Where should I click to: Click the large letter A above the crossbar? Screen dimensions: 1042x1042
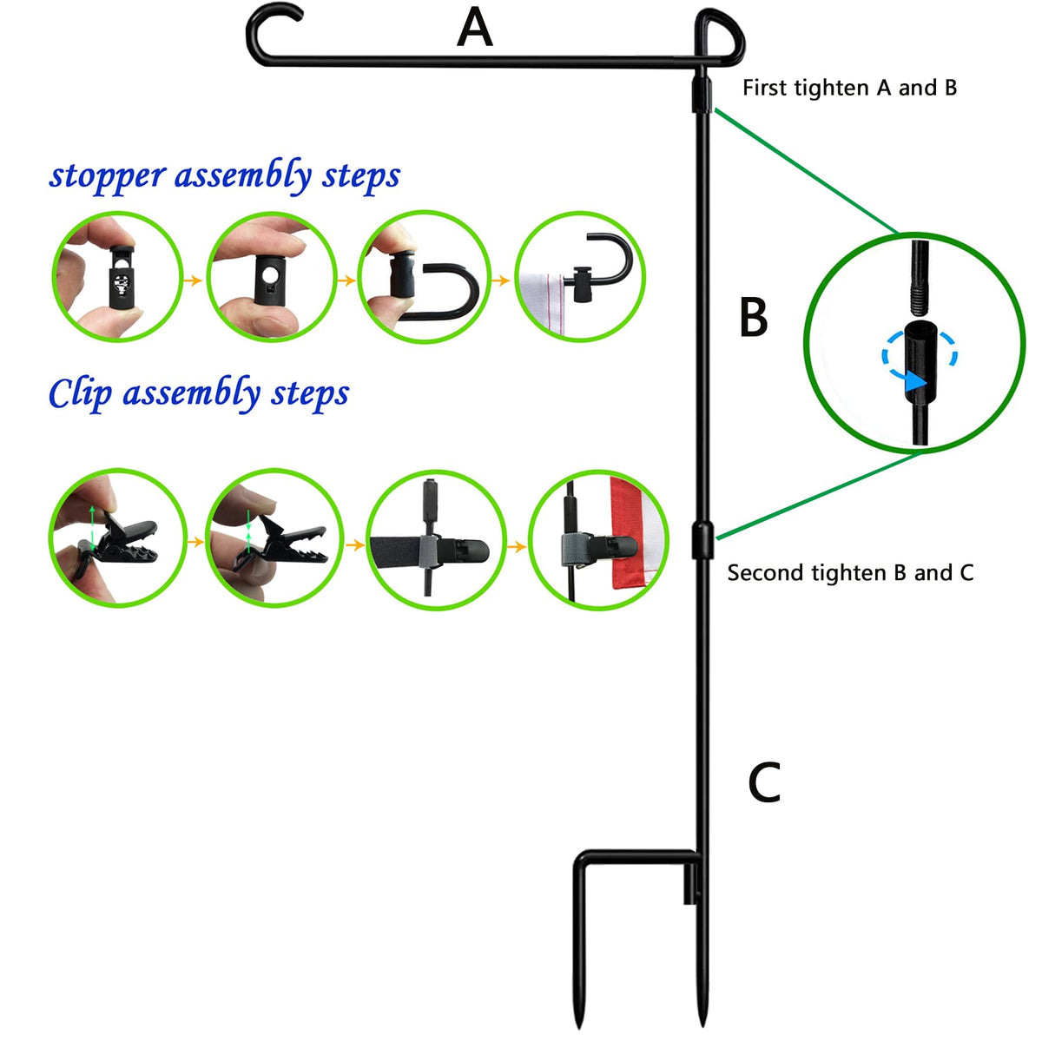pyautogui.click(x=474, y=28)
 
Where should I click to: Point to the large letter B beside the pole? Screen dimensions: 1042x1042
pyautogui.click(x=753, y=317)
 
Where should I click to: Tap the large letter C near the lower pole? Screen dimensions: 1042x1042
pyautogui.click(x=764, y=781)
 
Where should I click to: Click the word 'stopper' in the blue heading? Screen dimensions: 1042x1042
pyautogui.click(x=108, y=177)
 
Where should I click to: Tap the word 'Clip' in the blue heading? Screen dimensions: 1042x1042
pyautogui.click(x=80, y=393)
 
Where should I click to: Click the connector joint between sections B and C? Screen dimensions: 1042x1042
pyautogui.click(x=702, y=539)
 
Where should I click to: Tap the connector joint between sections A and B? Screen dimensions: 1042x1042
pyautogui.click(x=702, y=95)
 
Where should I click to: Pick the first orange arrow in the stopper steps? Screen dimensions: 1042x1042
pyautogui.click(x=192, y=280)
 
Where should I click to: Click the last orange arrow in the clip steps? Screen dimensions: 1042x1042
pyautogui.click(x=517, y=547)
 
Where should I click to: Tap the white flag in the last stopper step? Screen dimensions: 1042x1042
pyautogui.click(x=541, y=303)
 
